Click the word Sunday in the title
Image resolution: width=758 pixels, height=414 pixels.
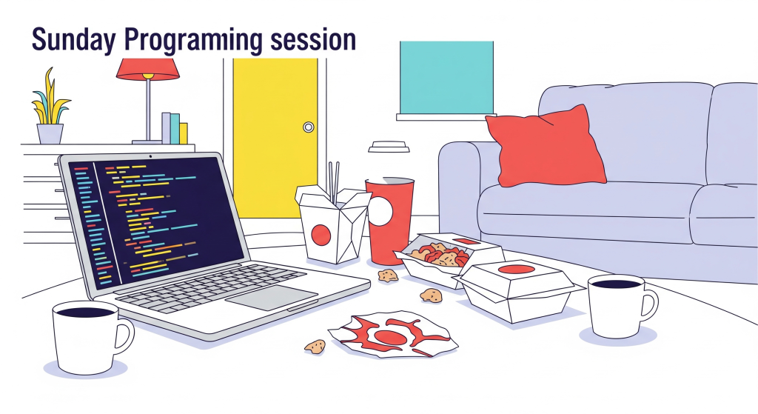pos(73,40)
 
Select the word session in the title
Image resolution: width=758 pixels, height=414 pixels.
pos(313,40)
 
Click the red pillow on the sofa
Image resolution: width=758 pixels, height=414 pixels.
pos(546,147)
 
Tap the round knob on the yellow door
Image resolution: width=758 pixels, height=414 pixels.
pos(309,127)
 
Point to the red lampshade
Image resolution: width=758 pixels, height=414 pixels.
pos(147,69)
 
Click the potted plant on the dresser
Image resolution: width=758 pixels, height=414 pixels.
pos(50,107)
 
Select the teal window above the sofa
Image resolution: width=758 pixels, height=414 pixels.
pos(446,78)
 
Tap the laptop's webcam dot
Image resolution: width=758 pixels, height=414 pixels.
pos(151,157)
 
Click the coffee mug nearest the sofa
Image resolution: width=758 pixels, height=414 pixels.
pos(621,306)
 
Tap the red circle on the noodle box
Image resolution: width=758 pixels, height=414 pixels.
pos(321,235)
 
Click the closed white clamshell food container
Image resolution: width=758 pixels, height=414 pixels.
pos(519,290)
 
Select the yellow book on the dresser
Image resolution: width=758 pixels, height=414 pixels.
pos(184,133)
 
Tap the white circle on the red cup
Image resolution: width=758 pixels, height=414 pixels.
pos(380,212)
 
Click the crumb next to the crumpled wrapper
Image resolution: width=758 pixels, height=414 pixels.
pos(315,346)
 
